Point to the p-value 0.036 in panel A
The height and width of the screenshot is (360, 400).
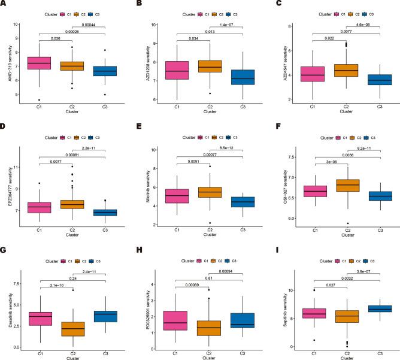[55, 39]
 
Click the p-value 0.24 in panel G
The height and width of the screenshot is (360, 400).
[72, 277]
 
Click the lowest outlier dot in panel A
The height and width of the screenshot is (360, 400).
[38, 100]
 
